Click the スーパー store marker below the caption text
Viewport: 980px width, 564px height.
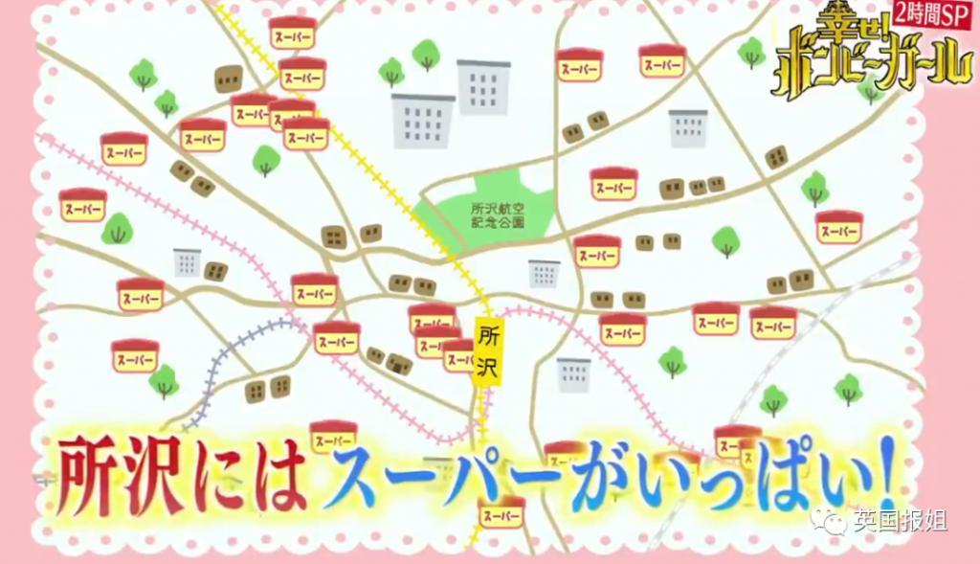(501, 514)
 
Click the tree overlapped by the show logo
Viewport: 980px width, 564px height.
(870, 88)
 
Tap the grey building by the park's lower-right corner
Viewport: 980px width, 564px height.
(545, 274)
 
